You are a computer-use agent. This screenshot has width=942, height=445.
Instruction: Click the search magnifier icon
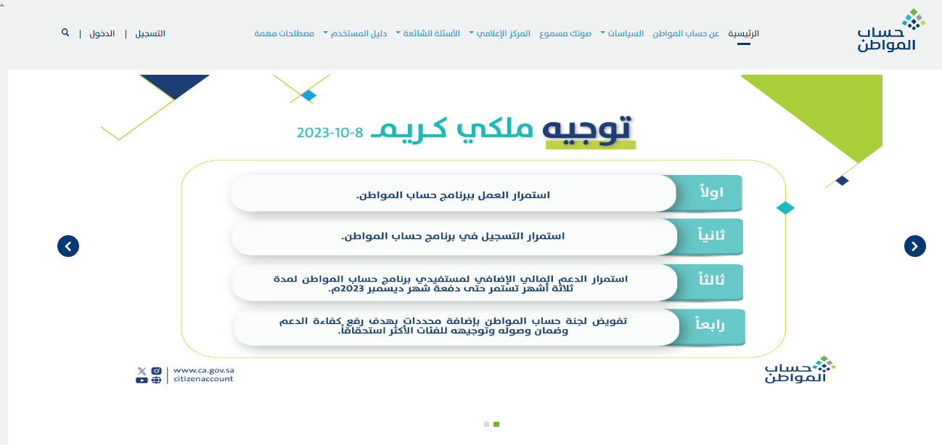click(65, 33)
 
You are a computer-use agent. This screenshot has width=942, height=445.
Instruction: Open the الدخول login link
click(102, 33)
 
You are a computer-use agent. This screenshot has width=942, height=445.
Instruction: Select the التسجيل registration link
click(150, 33)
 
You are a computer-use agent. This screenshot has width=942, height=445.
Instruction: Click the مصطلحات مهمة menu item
click(284, 33)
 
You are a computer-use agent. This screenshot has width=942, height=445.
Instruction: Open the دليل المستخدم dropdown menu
click(356, 33)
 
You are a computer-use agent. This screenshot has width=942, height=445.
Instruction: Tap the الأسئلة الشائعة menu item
click(428, 33)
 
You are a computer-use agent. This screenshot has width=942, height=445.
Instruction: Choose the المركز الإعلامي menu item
click(500, 33)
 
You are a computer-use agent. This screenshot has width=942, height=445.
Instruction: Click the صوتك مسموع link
click(565, 33)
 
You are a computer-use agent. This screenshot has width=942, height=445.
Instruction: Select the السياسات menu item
click(623, 33)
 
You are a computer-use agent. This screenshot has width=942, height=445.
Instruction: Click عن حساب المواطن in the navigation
click(686, 33)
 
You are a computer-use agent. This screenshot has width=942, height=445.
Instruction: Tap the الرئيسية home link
click(743, 33)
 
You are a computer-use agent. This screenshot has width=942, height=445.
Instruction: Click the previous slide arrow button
click(68, 246)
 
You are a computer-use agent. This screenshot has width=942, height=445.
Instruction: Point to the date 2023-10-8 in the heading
click(329, 133)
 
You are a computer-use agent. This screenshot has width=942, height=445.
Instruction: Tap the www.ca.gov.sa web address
click(203, 370)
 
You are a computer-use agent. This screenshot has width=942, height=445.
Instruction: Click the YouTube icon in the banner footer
click(142, 380)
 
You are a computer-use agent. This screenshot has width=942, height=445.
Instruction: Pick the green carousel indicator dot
click(496, 425)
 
